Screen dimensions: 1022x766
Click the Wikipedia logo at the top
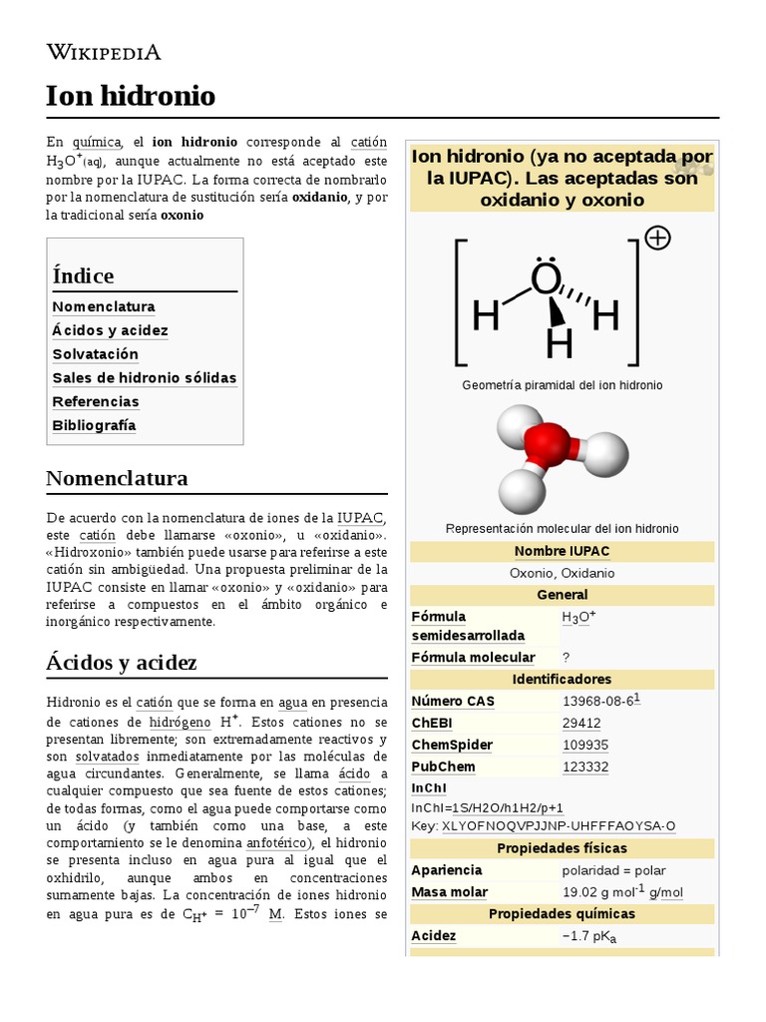pos(104,53)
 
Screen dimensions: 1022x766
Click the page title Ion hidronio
pos(131,96)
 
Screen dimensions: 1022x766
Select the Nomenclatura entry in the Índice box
pos(104,306)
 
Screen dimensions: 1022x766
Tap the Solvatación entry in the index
pos(96,354)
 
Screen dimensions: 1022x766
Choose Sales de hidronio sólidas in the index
pos(145,378)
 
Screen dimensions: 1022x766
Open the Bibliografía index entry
pos(94,425)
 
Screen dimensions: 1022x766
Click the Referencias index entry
pos(96,401)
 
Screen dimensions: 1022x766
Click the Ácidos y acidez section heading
pos(122,662)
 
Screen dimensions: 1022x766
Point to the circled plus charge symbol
pos(658,238)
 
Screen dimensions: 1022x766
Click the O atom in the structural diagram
pos(546,280)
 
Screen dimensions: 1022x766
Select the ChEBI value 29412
pos(581,723)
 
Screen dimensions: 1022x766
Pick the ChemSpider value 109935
pos(585,745)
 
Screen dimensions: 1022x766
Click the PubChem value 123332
pos(585,766)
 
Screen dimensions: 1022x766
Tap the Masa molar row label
pos(450,892)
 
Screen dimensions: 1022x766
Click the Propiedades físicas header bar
pos(562,848)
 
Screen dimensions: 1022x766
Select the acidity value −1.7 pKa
pos(589,936)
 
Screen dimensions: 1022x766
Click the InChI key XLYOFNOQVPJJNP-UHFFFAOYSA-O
pos(559,825)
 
